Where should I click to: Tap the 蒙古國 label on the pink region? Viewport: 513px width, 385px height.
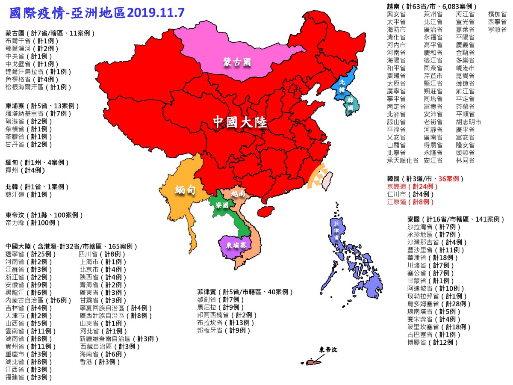click(x=236, y=62)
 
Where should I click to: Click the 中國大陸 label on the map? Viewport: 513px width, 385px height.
click(x=240, y=123)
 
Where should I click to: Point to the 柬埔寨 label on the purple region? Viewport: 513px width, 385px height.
click(x=236, y=246)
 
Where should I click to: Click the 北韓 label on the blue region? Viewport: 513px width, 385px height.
click(x=342, y=86)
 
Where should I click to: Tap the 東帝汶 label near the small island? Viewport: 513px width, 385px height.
click(x=328, y=349)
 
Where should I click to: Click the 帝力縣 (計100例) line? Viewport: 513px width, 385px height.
click(x=33, y=223)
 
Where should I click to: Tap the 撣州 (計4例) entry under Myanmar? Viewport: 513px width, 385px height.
click(x=25, y=170)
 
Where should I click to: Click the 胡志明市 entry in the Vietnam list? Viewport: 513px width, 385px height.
click(x=468, y=122)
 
